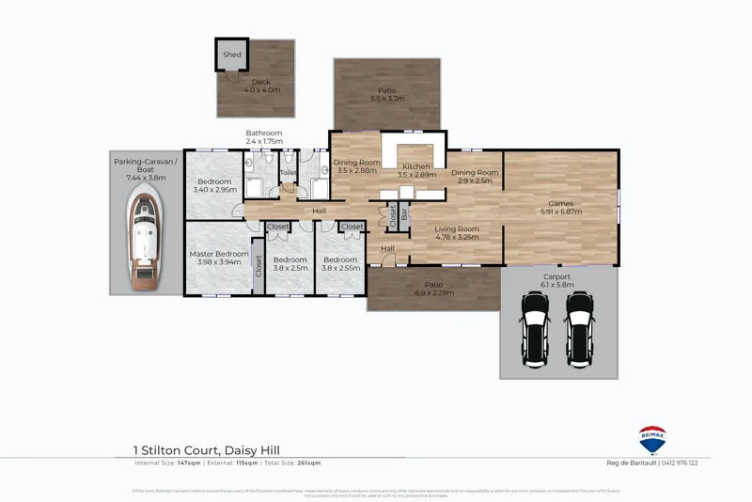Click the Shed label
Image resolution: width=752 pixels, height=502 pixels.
[231, 55]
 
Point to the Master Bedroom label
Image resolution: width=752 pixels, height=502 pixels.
[218, 253]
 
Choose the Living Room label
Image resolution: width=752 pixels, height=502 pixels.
[457, 228]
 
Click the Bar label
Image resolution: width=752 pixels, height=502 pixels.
[405, 215]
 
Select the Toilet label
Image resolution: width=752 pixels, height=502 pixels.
[288, 173]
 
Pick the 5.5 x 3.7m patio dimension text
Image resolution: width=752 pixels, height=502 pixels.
[386, 99]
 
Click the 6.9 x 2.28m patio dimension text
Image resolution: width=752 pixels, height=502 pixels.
[433, 292]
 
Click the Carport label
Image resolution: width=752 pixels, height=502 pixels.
[556, 276]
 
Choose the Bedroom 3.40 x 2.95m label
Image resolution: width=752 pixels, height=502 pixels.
[213, 184]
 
